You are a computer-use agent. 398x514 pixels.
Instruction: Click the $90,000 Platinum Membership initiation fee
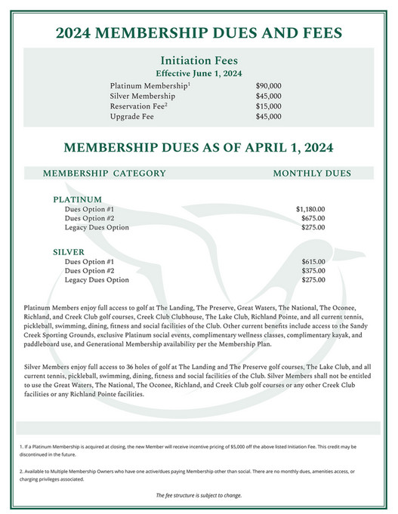point(268,86)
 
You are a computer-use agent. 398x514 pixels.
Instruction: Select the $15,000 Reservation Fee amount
point(268,106)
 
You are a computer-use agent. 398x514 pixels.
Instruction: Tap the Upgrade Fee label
point(132,117)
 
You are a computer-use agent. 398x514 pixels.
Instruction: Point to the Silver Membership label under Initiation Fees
point(143,97)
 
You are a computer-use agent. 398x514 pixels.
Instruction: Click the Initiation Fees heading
point(199,60)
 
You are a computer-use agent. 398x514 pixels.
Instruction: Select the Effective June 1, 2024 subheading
point(199,73)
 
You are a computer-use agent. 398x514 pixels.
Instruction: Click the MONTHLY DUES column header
point(312,173)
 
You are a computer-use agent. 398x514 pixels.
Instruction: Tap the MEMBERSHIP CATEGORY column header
point(104,173)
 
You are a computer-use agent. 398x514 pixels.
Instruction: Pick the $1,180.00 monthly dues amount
point(310,208)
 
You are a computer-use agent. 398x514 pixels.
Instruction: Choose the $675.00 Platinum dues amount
point(313,217)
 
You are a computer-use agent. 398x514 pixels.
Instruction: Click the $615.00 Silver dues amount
point(313,261)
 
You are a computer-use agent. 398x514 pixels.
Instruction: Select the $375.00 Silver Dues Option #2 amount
point(313,270)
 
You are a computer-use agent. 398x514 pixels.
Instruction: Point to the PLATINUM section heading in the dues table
point(77,199)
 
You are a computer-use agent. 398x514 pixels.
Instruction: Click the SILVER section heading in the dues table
point(69,252)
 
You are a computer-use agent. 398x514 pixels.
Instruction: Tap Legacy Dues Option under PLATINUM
point(97,227)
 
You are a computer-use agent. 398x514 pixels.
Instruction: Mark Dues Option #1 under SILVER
point(89,261)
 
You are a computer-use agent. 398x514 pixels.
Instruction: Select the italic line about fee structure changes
point(199,495)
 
